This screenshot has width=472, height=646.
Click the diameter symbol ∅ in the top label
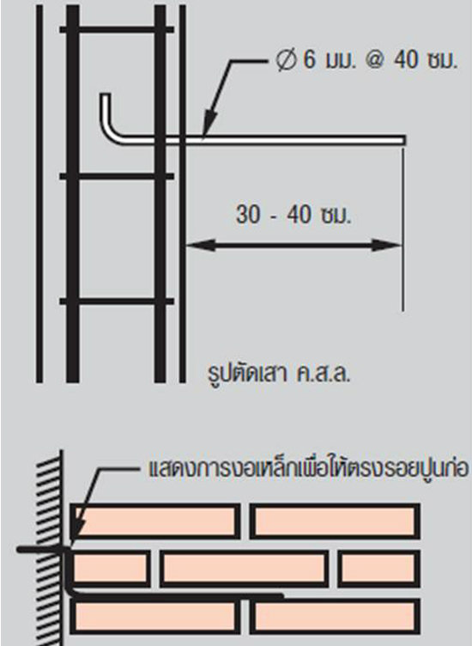click(287, 60)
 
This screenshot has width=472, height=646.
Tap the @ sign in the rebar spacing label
click(375, 60)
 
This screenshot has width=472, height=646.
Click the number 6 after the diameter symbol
click(310, 60)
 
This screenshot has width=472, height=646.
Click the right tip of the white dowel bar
click(404, 140)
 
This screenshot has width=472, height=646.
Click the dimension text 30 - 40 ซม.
click(293, 215)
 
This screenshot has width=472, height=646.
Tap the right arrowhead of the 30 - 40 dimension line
click(386, 245)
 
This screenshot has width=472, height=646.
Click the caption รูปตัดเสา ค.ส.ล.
click(279, 374)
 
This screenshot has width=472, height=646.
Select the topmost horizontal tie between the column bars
click(117, 30)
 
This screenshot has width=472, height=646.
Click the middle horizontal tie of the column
click(117, 176)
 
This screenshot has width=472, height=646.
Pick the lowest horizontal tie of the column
click(117, 302)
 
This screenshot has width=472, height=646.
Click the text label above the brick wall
click(308, 468)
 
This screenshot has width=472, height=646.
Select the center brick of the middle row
click(245, 569)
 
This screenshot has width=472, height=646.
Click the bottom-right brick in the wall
click(335, 616)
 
